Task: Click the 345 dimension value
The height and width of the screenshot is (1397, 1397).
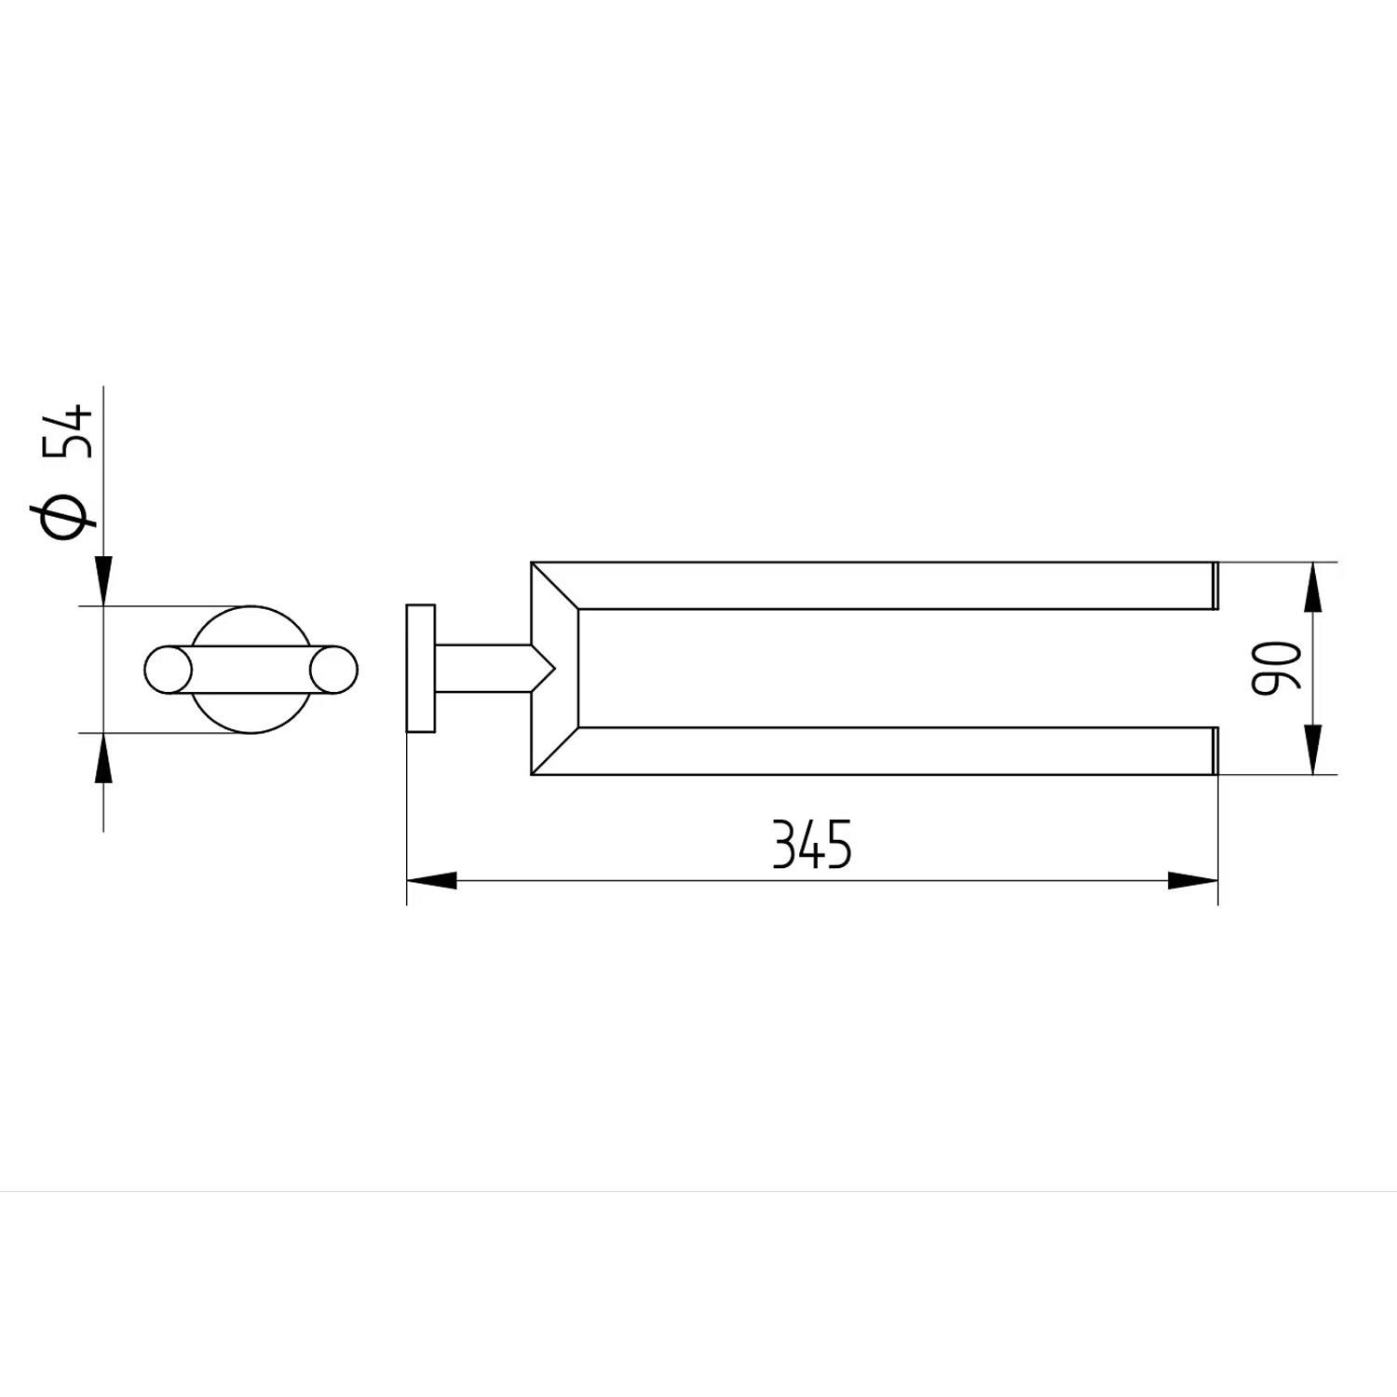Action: point(812,846)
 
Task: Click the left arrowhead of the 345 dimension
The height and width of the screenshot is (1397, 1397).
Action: point(432,880)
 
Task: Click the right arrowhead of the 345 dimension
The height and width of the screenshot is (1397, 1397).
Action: point(1193,880)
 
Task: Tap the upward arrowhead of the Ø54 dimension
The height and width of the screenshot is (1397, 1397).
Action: point(103,757)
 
